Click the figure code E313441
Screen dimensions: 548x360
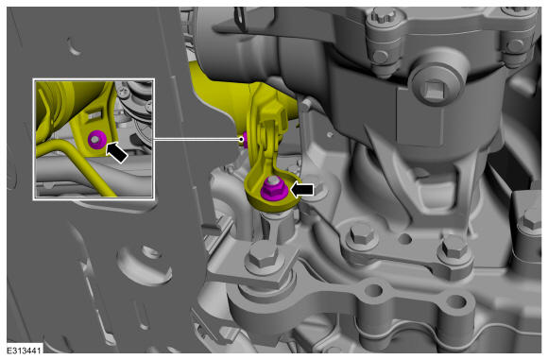tap(25, 351)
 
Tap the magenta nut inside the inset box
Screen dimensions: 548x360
tap(96, 140)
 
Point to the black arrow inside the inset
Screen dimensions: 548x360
tap(116, 152)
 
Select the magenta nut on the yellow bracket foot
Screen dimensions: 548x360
tap(275, 189)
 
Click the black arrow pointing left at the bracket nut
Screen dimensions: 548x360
tap(302, 190)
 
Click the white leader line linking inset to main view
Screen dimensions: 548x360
tap(197, 139)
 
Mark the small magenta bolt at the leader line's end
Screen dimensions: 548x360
tap(245, 140)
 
